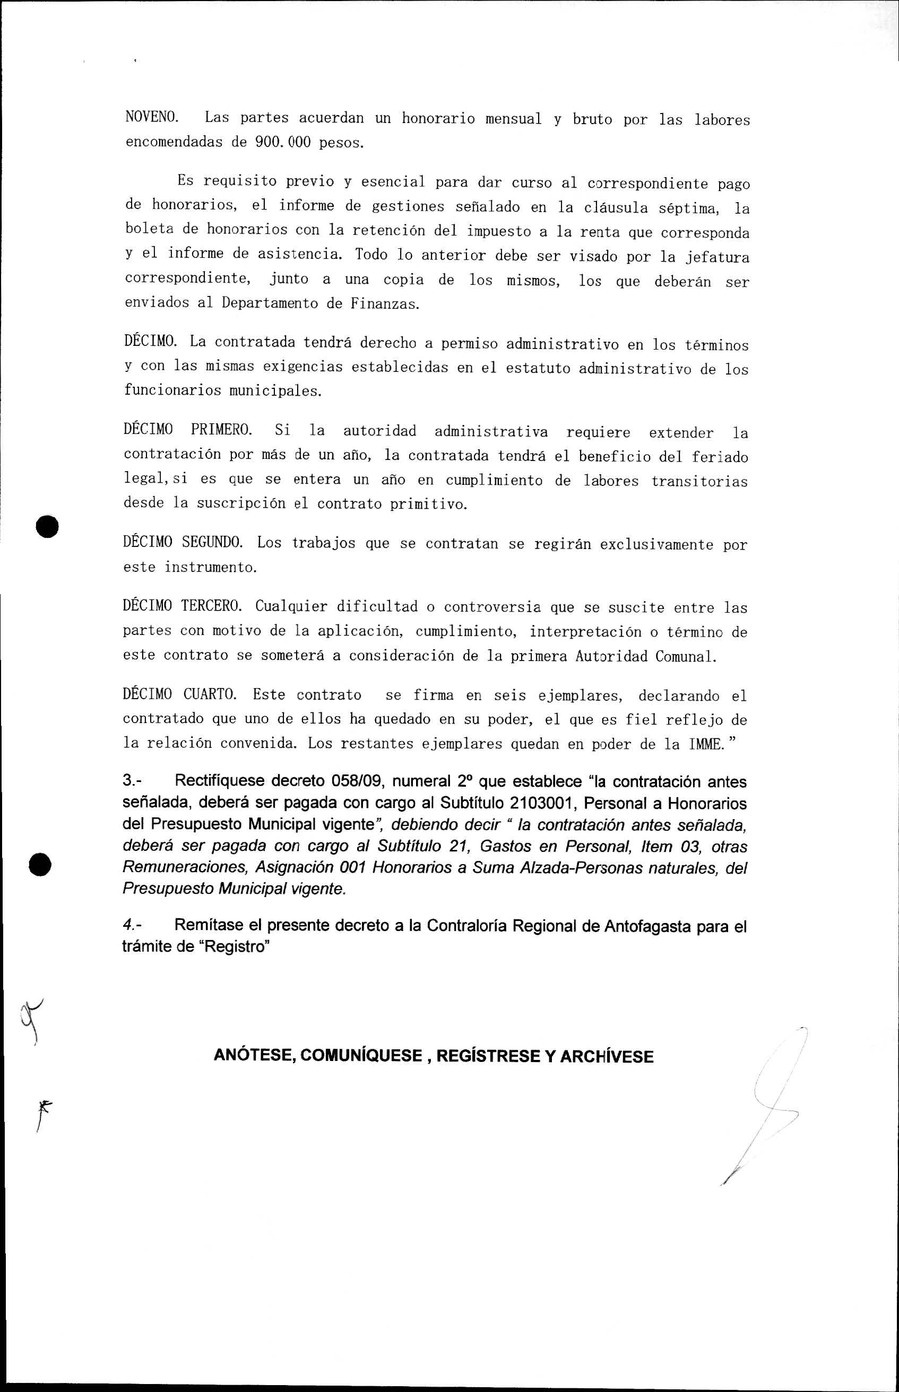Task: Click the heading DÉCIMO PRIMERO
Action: (187, 430)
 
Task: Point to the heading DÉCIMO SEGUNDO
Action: (182, 542)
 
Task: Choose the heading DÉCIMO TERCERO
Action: (181, 606)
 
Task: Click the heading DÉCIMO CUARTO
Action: (179, 694)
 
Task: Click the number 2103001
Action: (540, 803)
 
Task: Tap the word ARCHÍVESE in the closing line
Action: (607, 1056)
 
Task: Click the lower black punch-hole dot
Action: (41, 864)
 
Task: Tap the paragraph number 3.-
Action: (133, 781)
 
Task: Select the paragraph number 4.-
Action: (133, 925)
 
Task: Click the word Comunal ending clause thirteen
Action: (685, 656)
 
